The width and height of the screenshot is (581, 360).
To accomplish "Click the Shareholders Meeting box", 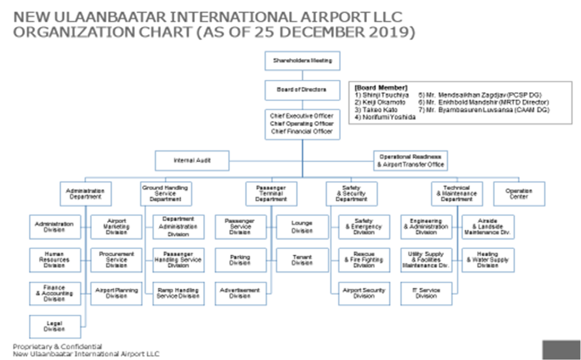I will (x=302, y=61).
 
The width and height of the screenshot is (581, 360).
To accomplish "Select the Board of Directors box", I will (x=302, y=90).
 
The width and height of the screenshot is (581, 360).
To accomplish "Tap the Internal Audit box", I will (x=192, y=161).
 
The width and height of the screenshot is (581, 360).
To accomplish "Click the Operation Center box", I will (x=519, y=194).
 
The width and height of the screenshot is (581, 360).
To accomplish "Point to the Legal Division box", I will (x=54, y=326).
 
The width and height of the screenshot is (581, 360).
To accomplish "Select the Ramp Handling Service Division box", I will (x=178, y=293).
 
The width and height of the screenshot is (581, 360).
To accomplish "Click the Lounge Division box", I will (x=302, y=227).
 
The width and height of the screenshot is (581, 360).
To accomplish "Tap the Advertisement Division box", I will (x=240, y=293).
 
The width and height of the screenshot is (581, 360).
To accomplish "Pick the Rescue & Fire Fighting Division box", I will (x=364, y=260).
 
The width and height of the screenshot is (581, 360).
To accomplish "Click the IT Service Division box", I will (x=426, y=293).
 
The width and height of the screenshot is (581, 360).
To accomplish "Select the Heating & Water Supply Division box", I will (x=488, y=260).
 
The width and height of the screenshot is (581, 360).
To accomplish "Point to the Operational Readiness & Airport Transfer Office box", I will (x=411, y=160).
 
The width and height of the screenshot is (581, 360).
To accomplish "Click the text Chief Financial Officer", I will (x=302, y=131).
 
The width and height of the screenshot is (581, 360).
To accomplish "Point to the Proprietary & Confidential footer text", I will (x=58, y=346).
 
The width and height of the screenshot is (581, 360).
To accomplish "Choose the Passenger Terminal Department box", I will (x=271, y=194).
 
